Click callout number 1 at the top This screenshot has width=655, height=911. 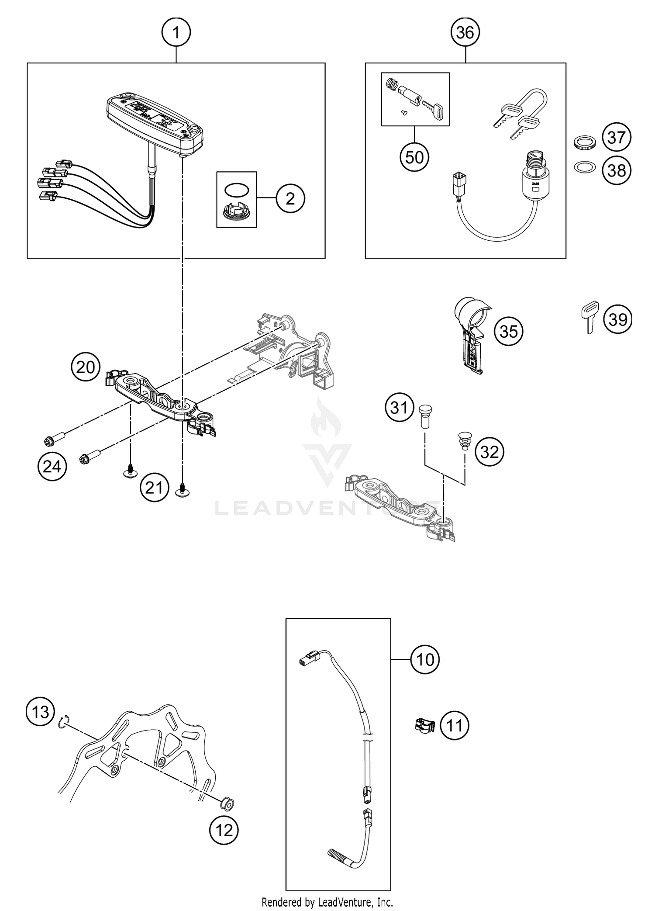(x=176, y=32)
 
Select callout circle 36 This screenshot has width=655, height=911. (x=465, y=32)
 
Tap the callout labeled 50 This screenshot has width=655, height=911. (x=414, y=157)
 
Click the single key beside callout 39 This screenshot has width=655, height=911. (x=589, y=318)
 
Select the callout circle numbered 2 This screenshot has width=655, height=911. (x=290, y=199)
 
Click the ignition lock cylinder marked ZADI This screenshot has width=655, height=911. (x=536, y=177)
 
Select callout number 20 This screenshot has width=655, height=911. (x=86, y=367)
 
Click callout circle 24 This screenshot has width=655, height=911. (x=52, y=467)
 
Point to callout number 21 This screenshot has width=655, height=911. (x=154, y=488)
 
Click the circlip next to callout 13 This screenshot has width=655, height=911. (x=63, y=722)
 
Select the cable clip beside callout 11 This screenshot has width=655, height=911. (x=424, y=726)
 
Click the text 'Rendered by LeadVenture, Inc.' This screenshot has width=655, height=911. (x=327, y=902)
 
